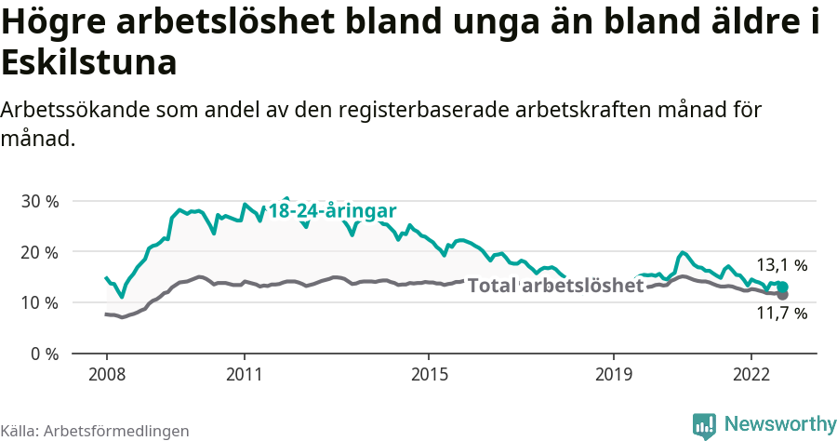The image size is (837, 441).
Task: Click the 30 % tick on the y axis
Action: tap(39, 202)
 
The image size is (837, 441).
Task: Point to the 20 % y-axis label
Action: tap(39, 252)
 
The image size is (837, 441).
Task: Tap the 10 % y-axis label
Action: tap(39, 303)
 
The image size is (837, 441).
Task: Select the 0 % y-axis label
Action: tap(44, 354)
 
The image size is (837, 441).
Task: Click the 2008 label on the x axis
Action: tap(106, 374)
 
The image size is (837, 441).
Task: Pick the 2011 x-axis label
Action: tap(244, 374)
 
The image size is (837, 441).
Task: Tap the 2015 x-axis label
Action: tap(428, 374)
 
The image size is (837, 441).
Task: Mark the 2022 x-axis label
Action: tap(751, 374)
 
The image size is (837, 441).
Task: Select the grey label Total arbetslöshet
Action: tap(555, 286)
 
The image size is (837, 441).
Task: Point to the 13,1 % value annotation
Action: tap(781, 265)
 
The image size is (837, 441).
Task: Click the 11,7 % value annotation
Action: tap(781, 314)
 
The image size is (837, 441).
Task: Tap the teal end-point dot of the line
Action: tap(782, 287)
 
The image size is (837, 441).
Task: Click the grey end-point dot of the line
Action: tap(782, 295)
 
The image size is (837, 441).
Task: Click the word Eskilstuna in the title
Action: tap(89, 63)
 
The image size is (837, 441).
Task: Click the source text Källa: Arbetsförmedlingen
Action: tap(95, 431)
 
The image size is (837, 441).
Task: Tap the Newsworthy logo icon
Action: tap(704, 425)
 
